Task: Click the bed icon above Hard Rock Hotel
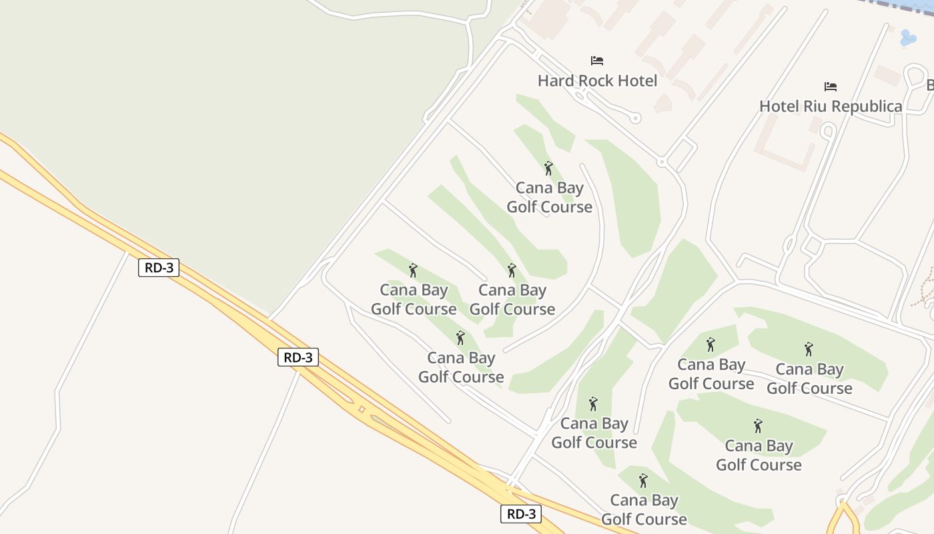597,61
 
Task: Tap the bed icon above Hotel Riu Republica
831,87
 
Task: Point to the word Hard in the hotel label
556,81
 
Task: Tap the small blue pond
908,38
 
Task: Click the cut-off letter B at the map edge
930,85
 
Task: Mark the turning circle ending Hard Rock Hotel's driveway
635,118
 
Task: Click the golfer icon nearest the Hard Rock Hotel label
548,168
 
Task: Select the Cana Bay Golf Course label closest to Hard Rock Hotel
549,198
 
